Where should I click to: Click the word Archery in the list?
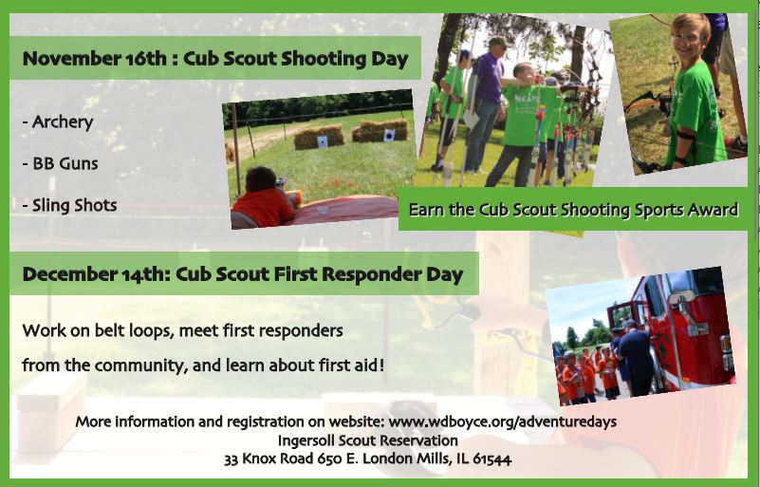pyautogui.click(x=63, y=122)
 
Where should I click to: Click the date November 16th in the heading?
pyautogui.click(x=95, y=59)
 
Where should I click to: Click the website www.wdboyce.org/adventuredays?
pyautogui.click(x=503, y=421)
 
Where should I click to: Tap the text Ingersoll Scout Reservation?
pyautogui.click(x=368, y=440)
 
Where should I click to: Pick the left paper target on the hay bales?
pyautogui.click(x=323, y=141)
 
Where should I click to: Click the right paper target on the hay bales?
pyautogui.click(x=389, y=136)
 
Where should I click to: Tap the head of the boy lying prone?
pyautogui.click(x=261, y=179)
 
